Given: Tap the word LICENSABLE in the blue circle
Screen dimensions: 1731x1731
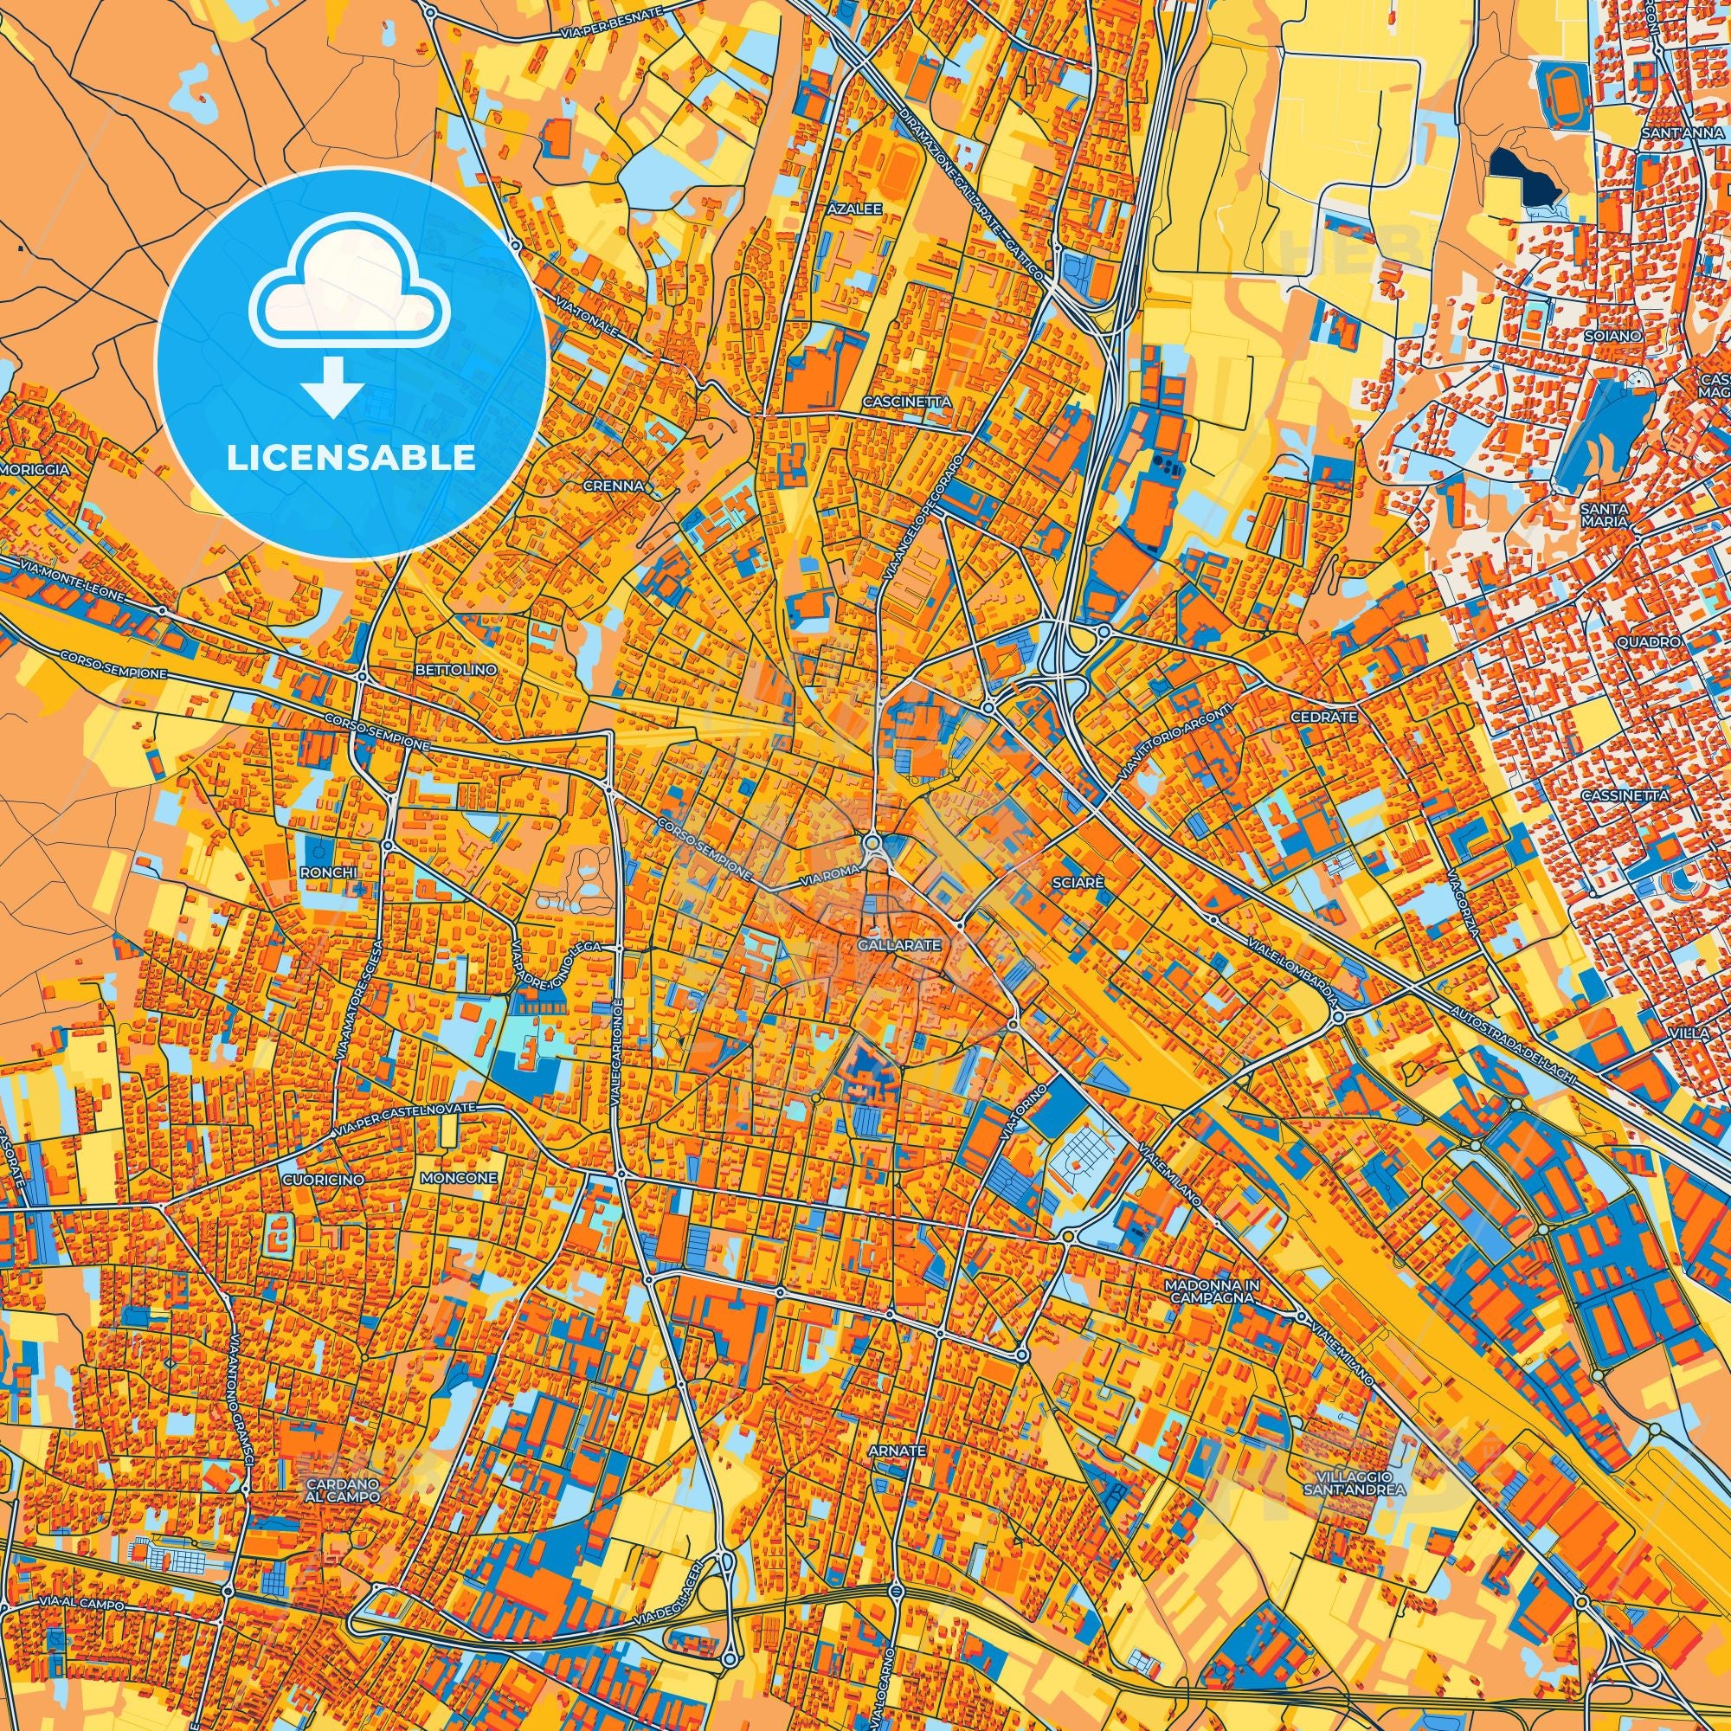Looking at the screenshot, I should click(351, 458).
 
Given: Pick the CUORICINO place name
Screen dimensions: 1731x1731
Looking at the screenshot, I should click(323, 1180).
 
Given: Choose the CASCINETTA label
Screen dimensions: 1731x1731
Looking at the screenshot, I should click(907, 402).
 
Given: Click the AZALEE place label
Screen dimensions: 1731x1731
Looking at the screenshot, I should click(856, 208).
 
